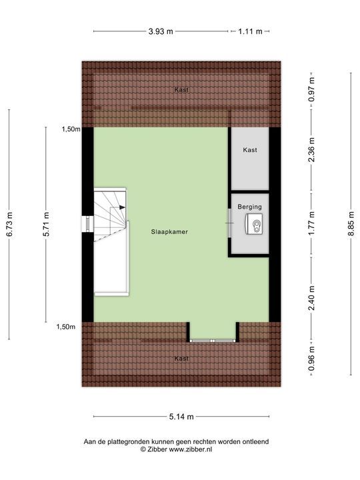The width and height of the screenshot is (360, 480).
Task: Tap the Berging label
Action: pyautogui.click(x=249, y=207)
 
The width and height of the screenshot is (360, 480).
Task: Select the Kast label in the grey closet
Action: pyautogui.click(x=250, y=150)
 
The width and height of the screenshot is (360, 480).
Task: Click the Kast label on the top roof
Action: pyautogui.click(x=181, y=89)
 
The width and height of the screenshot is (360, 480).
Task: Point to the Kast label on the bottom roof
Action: pyautogui.click(x=181, y=358)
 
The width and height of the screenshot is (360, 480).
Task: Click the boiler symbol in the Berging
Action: pyautogui.click(x=254, y=226)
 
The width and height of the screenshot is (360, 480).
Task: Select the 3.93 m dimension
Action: pyautogui.click(x=161, y=31)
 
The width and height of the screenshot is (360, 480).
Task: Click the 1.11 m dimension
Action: pyautogui.click(x=249, y=31)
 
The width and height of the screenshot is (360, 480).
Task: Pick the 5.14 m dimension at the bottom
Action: pyautogui.click(x=181, y=417)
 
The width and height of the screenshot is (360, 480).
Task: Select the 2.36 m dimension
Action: pyautogui.click(x=311, y=159)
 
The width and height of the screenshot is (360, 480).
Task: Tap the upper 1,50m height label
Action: pyautogui.click(x=69, y=129)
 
